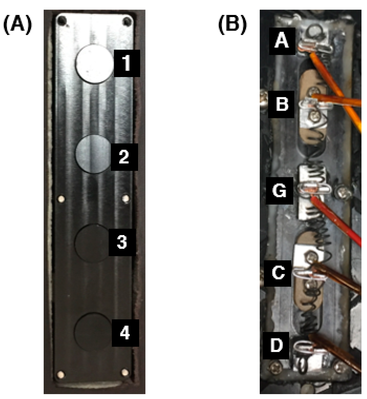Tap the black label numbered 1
click(127, 63)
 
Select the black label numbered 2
click(124, 157)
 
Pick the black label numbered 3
click(122, 242)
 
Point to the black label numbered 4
click(125, 333)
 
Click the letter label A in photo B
click(282, 41)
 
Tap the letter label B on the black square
click(281, 104)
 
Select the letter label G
click(279, 191)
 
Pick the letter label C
click(278, 273)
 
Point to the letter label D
click(276, 345)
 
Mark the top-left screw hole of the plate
click(61, 20)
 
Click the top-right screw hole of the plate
click(127, 21)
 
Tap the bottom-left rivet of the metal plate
click(61, 374)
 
